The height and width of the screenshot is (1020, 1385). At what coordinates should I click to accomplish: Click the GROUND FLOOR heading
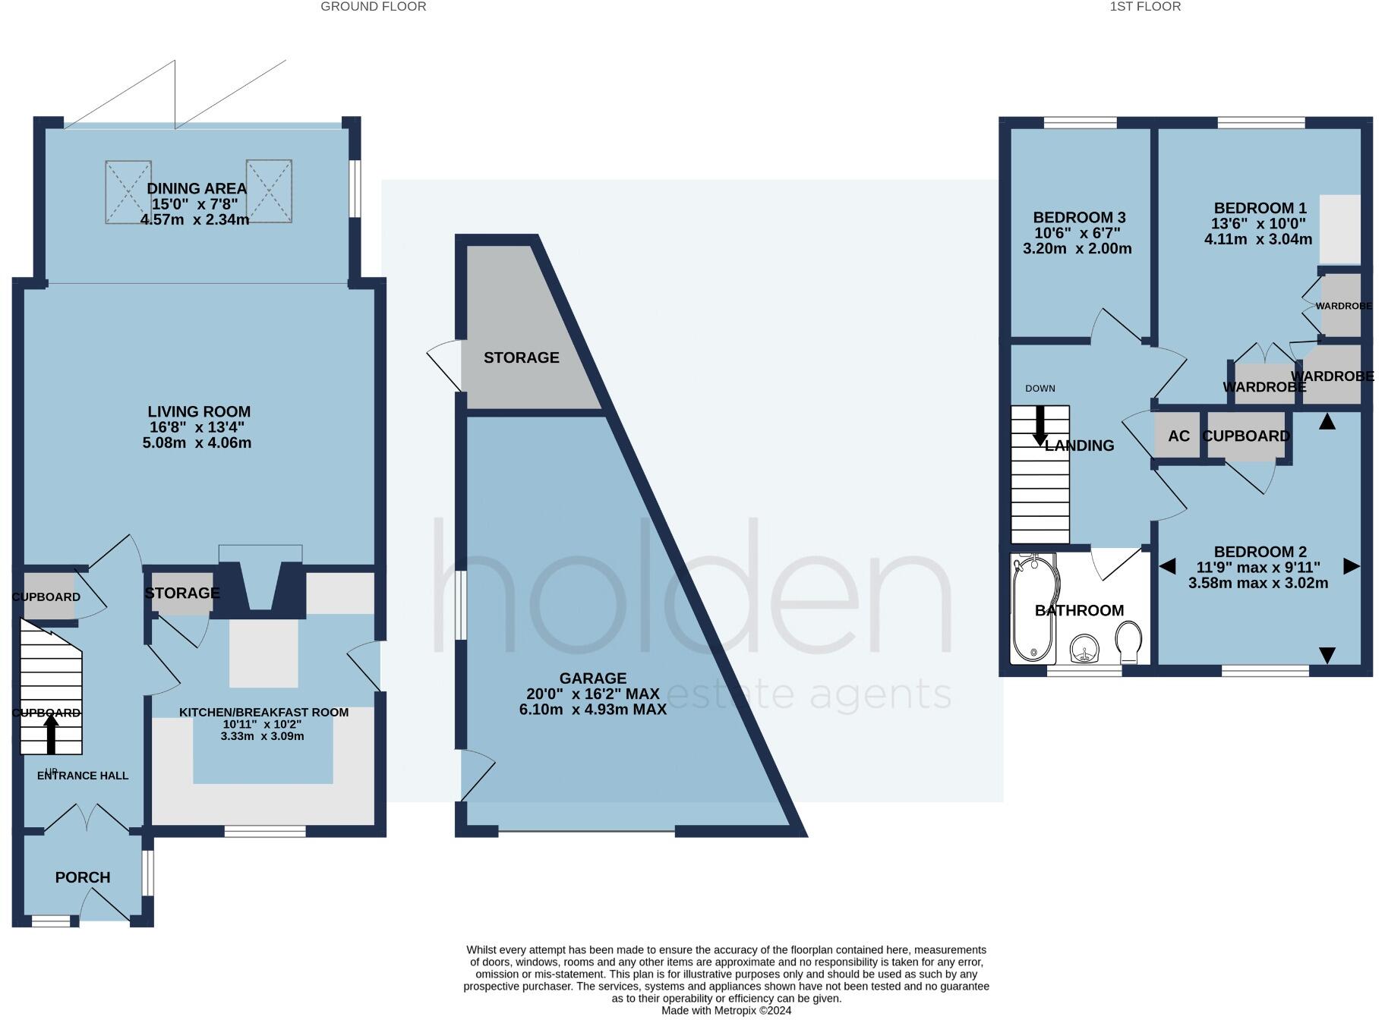point(373,7)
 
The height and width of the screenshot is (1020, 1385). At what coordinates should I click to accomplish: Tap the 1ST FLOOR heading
point(1145,7)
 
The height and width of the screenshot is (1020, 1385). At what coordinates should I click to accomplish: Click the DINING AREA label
point(196,189)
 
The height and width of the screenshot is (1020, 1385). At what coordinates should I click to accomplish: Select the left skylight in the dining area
point(128,191)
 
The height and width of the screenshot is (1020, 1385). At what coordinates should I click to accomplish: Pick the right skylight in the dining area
point(269,191)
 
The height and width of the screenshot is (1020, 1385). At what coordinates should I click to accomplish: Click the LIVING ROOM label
point(199,412)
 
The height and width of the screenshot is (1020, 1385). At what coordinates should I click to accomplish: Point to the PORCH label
point(83,877)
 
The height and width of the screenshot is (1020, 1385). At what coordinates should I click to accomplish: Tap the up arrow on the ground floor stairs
point(51,734)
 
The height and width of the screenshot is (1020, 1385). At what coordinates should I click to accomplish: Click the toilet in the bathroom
point(1129,639)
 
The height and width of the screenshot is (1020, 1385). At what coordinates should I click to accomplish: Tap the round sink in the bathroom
point(1084,649)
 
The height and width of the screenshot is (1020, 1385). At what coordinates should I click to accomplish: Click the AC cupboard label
point(1178,436)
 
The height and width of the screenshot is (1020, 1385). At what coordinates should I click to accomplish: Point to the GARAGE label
point(593,678)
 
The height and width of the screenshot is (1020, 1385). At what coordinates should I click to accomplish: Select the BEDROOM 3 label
point(1079,218)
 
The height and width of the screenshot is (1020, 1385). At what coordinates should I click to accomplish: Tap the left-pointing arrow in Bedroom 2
point(1167,566)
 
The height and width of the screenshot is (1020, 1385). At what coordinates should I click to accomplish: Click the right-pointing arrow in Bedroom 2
point(1351,566)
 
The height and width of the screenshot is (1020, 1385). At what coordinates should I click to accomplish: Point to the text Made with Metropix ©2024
point(726,1011)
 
